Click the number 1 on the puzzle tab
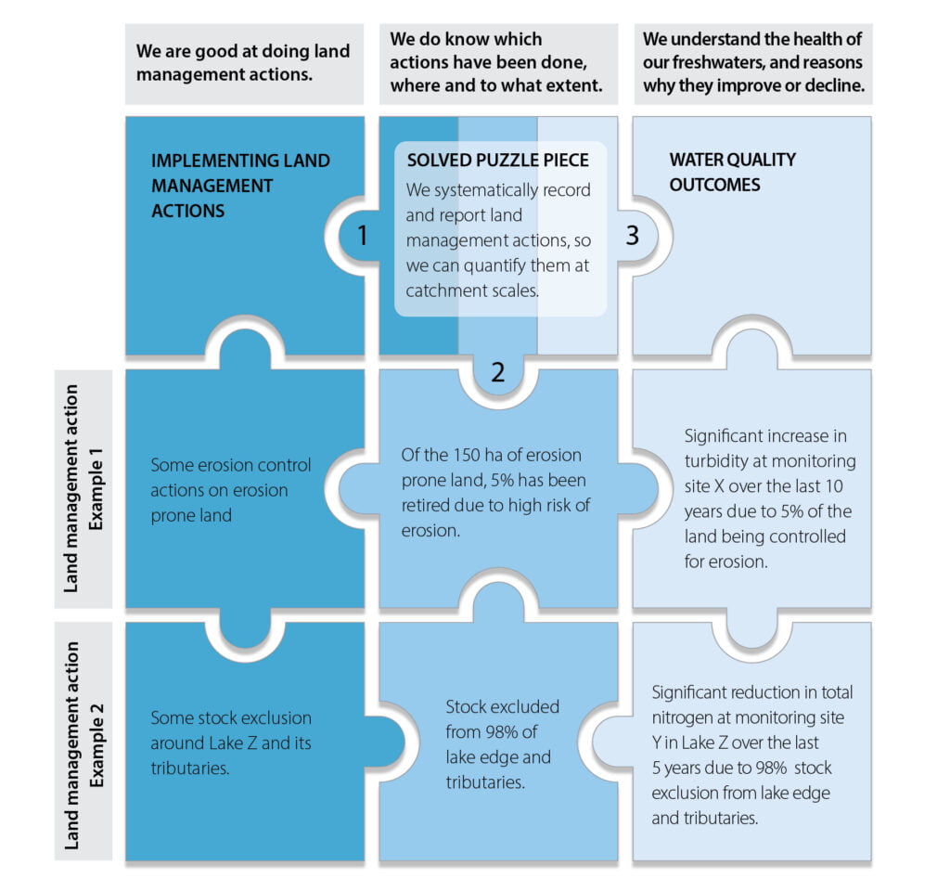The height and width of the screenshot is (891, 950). coord(363,236)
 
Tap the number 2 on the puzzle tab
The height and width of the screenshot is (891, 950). coord(498,373)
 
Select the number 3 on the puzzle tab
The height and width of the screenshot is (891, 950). coord(633,236)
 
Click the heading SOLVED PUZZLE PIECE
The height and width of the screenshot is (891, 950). coord(497,161)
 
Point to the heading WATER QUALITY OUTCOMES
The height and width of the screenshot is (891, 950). coord(732,172)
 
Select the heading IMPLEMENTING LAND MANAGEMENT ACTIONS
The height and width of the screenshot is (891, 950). coord(239,186)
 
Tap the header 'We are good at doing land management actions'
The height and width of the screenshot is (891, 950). coord(243,61)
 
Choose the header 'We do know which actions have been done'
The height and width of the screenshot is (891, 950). coord(496,63)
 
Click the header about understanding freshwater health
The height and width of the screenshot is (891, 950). coord(752,63)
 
